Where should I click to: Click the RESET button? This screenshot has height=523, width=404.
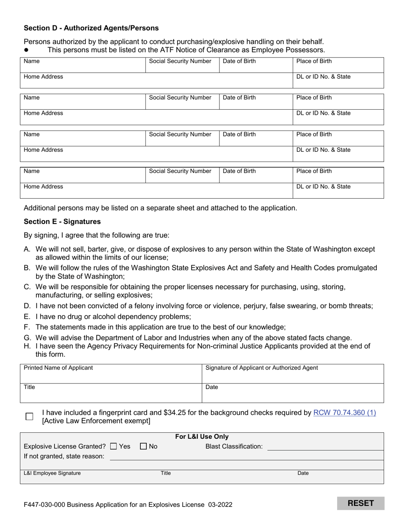(x=361, y=503)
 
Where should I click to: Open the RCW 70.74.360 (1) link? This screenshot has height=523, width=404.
(x=344, y=412)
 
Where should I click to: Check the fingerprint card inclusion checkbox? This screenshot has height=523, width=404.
(x=29, y=417)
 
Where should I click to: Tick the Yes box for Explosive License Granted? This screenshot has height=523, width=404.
(x=113, y=446)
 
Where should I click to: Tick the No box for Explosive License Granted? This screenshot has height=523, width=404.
(x=143, y=446)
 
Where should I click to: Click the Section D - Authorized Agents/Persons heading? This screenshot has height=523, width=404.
(x=91, y=28)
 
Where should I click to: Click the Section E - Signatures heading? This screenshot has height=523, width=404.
(x=62, y=222)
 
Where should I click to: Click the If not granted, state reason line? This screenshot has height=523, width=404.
(x=247, y=457)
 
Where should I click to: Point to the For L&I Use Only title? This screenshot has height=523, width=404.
(x=202, y=437)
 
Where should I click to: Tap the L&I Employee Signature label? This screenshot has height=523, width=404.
(x=52, y=473)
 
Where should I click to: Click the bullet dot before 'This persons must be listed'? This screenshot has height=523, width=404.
(x=26, y=50)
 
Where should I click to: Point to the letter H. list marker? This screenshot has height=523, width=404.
(x=27, y=346)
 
